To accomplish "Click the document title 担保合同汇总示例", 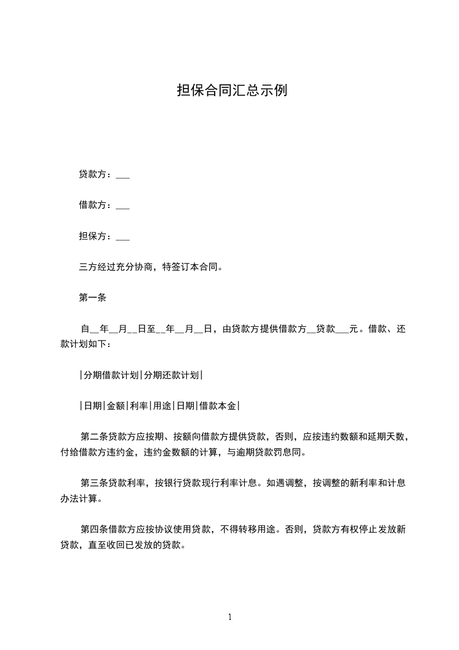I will (232, 92).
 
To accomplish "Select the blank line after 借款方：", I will (123, 206).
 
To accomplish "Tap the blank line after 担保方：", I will (123, 237).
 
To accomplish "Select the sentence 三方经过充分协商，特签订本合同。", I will (150, 268).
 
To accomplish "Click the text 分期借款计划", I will (111, 375).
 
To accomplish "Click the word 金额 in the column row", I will (116, 406).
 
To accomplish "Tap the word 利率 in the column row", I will (139, 406).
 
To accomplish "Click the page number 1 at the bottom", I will (230, 617).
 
